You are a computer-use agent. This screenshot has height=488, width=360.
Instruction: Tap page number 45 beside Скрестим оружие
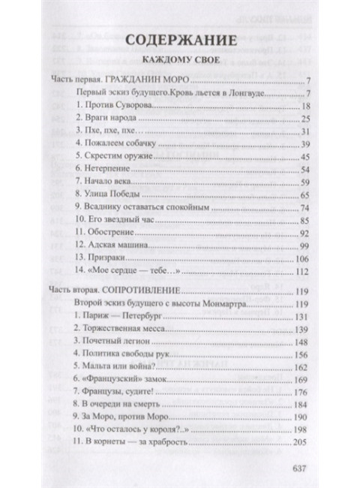305,156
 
